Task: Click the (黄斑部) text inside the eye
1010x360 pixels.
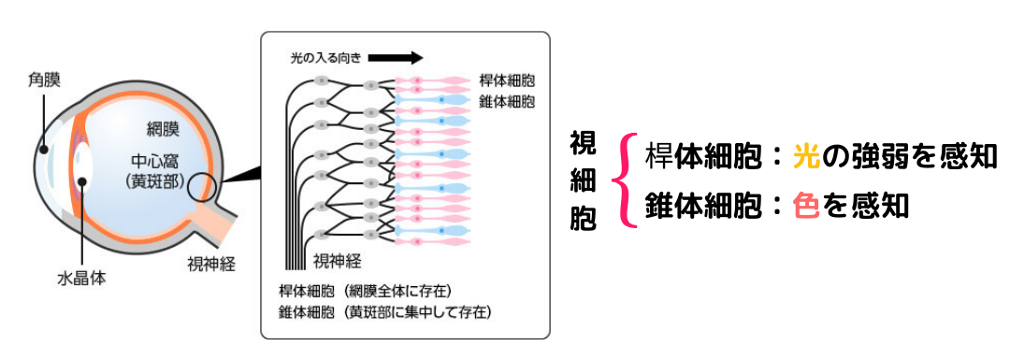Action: [x=164, y=180]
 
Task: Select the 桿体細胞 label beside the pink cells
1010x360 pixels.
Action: [x=510, y=81]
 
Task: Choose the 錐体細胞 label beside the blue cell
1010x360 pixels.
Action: [x=510, y=100]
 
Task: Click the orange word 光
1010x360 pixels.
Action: [x=805, y=155]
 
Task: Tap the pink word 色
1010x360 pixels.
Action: [x=804, y=204]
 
